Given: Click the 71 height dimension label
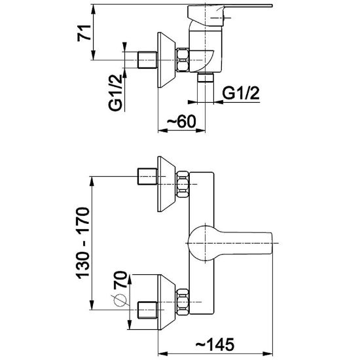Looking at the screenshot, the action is [x=84, y=33].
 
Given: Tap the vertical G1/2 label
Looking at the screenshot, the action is [x=115, y=92].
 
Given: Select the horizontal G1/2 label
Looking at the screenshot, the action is [x=241, y=93].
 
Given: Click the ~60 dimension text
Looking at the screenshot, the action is [x=181, y=122].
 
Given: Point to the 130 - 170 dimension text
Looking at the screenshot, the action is [x=82, y=243].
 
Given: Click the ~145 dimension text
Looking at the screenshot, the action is [x=215, y=344].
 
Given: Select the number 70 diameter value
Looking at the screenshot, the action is [x=120, y=279].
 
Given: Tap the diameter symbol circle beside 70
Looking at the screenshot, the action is [x=120, y=300].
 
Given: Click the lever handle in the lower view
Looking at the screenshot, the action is [x=230, y=243].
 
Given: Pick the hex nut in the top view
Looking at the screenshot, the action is [x=183, y=60].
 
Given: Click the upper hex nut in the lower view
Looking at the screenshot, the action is [x=183, y=184].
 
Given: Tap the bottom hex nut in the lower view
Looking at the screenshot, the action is [x=183, y=302].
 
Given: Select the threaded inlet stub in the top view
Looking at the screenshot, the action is [x=147, y=60].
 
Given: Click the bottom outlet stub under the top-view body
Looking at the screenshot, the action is [x=206, y=77].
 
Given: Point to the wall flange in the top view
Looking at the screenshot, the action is [x=166, y=60].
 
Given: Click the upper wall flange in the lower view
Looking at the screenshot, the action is [x=166, y=184].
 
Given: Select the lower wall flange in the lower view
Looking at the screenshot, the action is [x=166, y=302].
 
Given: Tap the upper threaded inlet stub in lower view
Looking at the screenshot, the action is [x=147, y=176].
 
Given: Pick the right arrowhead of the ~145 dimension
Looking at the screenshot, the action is [x=268, y=353].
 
